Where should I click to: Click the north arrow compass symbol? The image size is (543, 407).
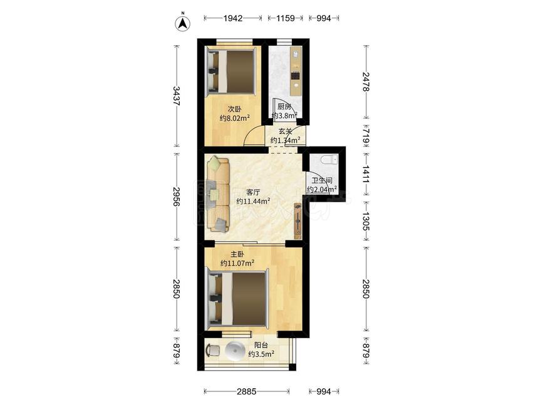click(183, 22)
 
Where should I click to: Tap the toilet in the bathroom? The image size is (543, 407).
click(329, 160)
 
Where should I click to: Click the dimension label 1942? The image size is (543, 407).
click(233, 18)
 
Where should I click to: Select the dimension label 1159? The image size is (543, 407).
click(286, 18)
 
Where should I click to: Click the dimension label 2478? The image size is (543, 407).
click(366, 81)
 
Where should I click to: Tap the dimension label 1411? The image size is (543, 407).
click(366, 175)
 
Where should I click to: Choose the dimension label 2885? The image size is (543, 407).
click(247, 391)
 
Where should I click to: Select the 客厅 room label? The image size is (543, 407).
click(253, 192)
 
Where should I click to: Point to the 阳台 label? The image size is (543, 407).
click(261, 345)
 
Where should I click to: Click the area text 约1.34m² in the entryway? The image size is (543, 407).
click(285, 140)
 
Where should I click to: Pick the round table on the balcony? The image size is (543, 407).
click(236, 351)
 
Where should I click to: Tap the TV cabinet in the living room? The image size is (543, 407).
click(298, 220)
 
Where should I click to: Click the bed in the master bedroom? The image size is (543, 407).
click(237, 299)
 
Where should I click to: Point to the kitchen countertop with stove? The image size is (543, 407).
click(296, 71)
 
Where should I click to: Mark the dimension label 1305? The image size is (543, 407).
click(366, 221)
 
